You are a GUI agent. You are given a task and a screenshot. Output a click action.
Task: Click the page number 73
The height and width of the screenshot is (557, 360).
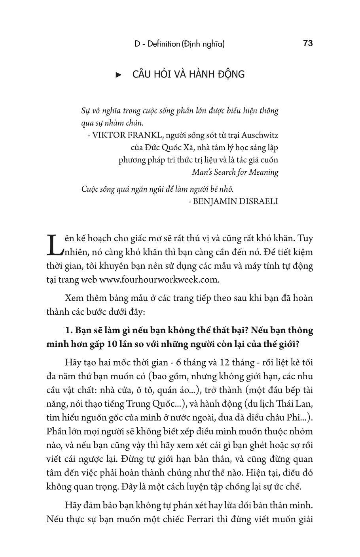click(x=308, y=43)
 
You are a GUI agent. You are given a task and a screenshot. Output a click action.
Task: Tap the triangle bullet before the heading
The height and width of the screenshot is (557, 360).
click(x=118, y=75)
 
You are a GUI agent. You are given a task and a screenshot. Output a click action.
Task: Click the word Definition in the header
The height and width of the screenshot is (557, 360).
click(x=163, y=44)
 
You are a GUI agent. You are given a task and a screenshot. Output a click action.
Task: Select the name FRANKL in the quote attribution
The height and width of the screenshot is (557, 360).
click(x=145, y=135)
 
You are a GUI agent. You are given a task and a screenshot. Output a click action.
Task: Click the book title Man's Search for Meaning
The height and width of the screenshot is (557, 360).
click(x=235, y=172)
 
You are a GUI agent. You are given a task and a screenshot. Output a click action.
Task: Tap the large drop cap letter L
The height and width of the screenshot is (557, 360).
click(x=55, y=244)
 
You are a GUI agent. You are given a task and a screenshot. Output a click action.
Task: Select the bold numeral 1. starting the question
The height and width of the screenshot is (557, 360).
click(x=68, y=330)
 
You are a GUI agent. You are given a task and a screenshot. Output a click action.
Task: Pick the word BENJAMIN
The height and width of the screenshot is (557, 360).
click(x=212, y=201)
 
